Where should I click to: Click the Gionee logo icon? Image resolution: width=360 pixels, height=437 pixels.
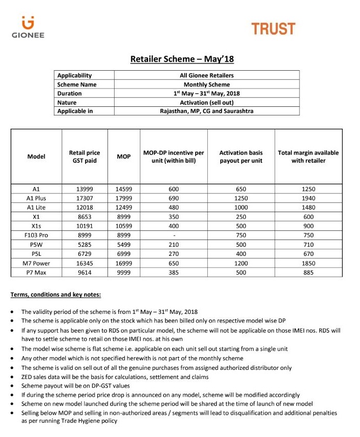(27, 22)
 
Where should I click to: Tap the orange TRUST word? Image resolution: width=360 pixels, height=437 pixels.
(273, 28)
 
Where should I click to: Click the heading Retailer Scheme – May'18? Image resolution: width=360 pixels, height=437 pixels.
(182, 60)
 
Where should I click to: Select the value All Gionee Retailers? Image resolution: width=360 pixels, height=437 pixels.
(207, 75)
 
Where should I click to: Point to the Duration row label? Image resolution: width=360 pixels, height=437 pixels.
(69, 94)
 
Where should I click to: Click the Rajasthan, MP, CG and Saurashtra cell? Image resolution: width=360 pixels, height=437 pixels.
(207, 111)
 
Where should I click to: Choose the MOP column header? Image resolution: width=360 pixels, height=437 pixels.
(124, 156)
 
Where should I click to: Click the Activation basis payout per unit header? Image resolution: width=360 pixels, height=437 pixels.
(241, 156)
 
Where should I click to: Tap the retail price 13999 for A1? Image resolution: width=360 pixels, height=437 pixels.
(85, 189)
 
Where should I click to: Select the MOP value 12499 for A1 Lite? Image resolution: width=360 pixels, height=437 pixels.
(124, 208)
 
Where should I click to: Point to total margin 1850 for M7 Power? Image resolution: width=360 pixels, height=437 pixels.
(308, 264)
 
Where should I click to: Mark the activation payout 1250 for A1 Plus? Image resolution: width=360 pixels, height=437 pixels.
(241, 198)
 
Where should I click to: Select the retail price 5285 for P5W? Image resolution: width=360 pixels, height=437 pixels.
(85, 245)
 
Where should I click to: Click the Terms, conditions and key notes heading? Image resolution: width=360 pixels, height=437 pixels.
(56, 295)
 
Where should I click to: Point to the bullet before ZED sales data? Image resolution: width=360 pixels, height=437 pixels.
(12, 377)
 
